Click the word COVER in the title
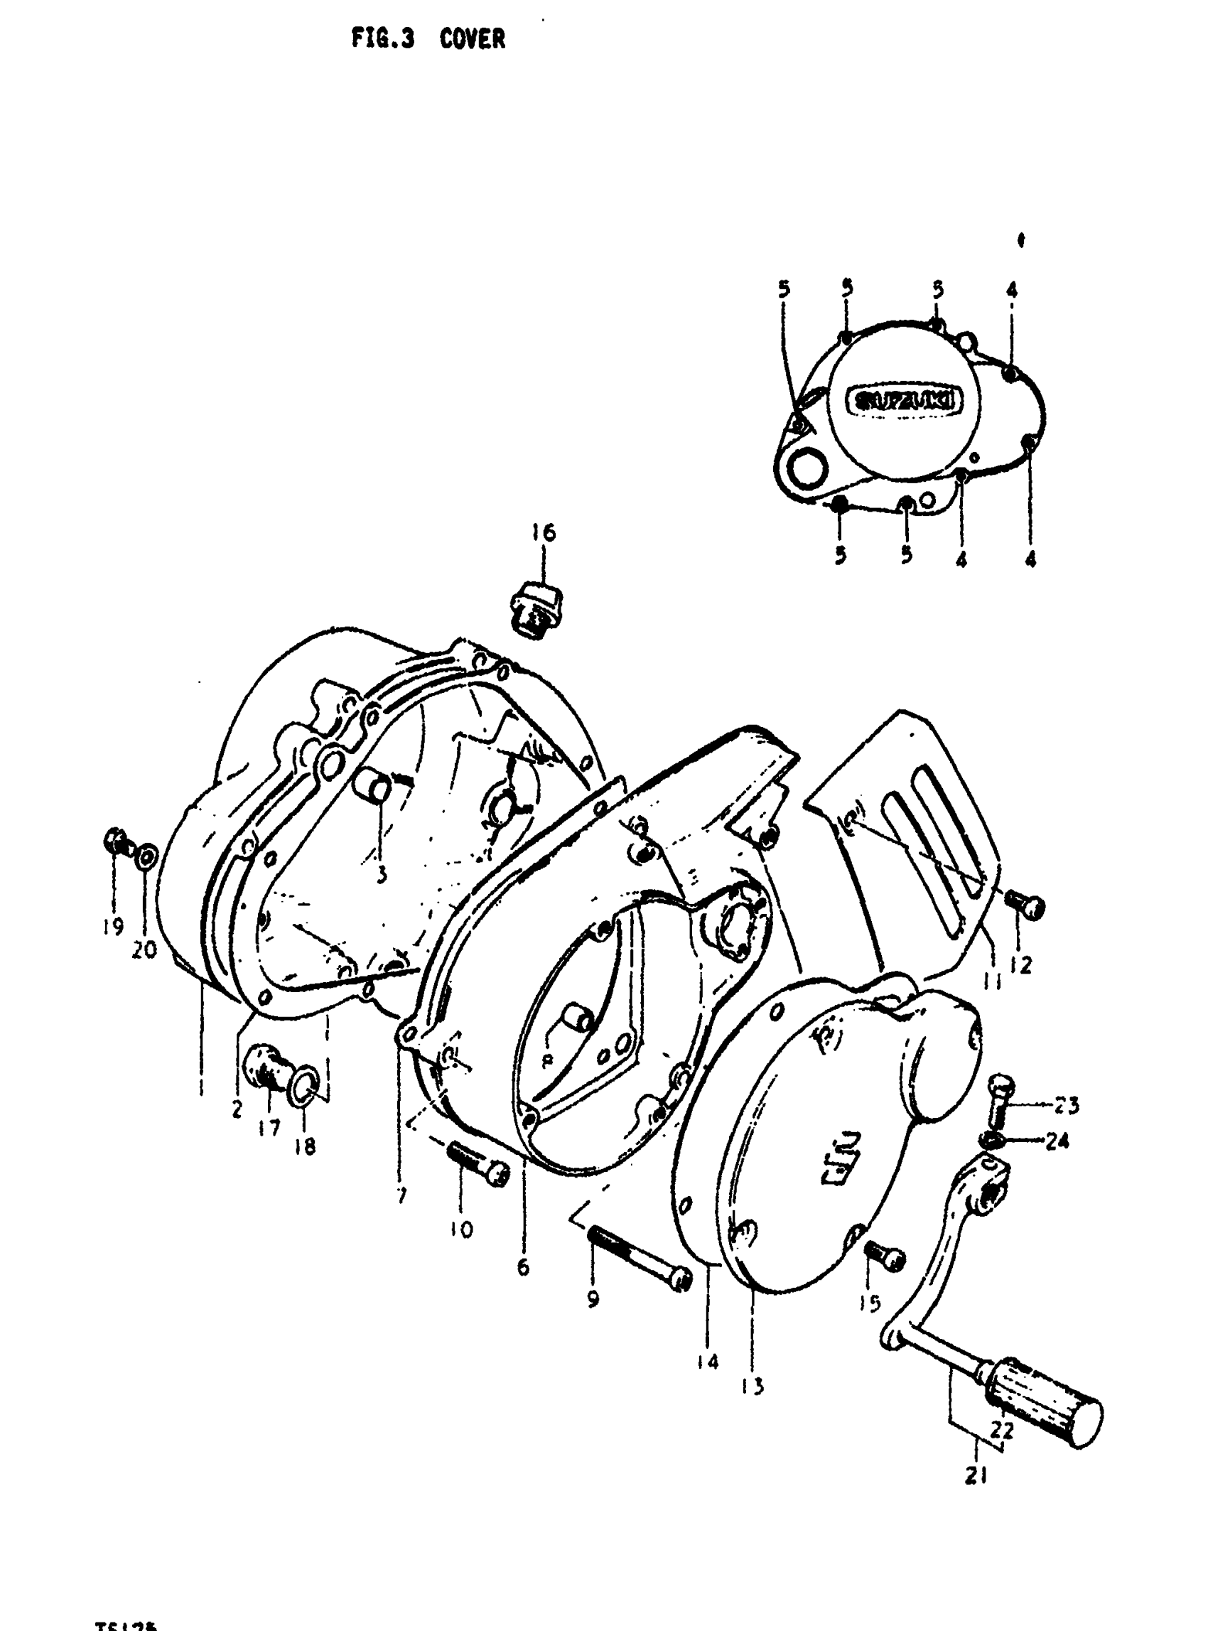pos(473,39)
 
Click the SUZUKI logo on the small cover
pos(904,402)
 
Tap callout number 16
pos(544,532)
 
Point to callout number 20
pos(145,949)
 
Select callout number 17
pos(269,1129)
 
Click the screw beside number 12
pos(1026,906)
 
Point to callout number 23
pos(1067,1104)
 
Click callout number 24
pos(1057,1140)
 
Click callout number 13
pos(753,1385)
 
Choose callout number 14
pos(708,1360)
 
